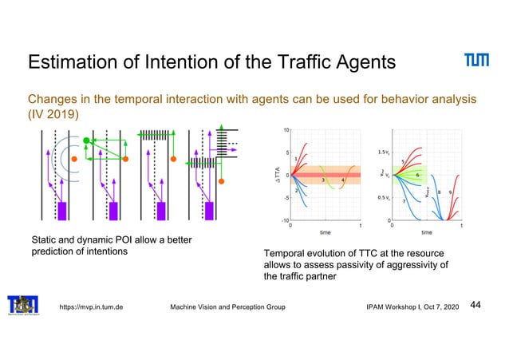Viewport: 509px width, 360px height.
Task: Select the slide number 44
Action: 476,304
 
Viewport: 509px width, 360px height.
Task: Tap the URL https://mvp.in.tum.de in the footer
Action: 89,307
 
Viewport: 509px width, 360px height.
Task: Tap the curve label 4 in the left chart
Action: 342,180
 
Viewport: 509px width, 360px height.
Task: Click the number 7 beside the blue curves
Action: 404,202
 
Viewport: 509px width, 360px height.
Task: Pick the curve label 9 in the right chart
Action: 451,192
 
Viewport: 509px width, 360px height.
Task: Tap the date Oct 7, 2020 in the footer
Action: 438,307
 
